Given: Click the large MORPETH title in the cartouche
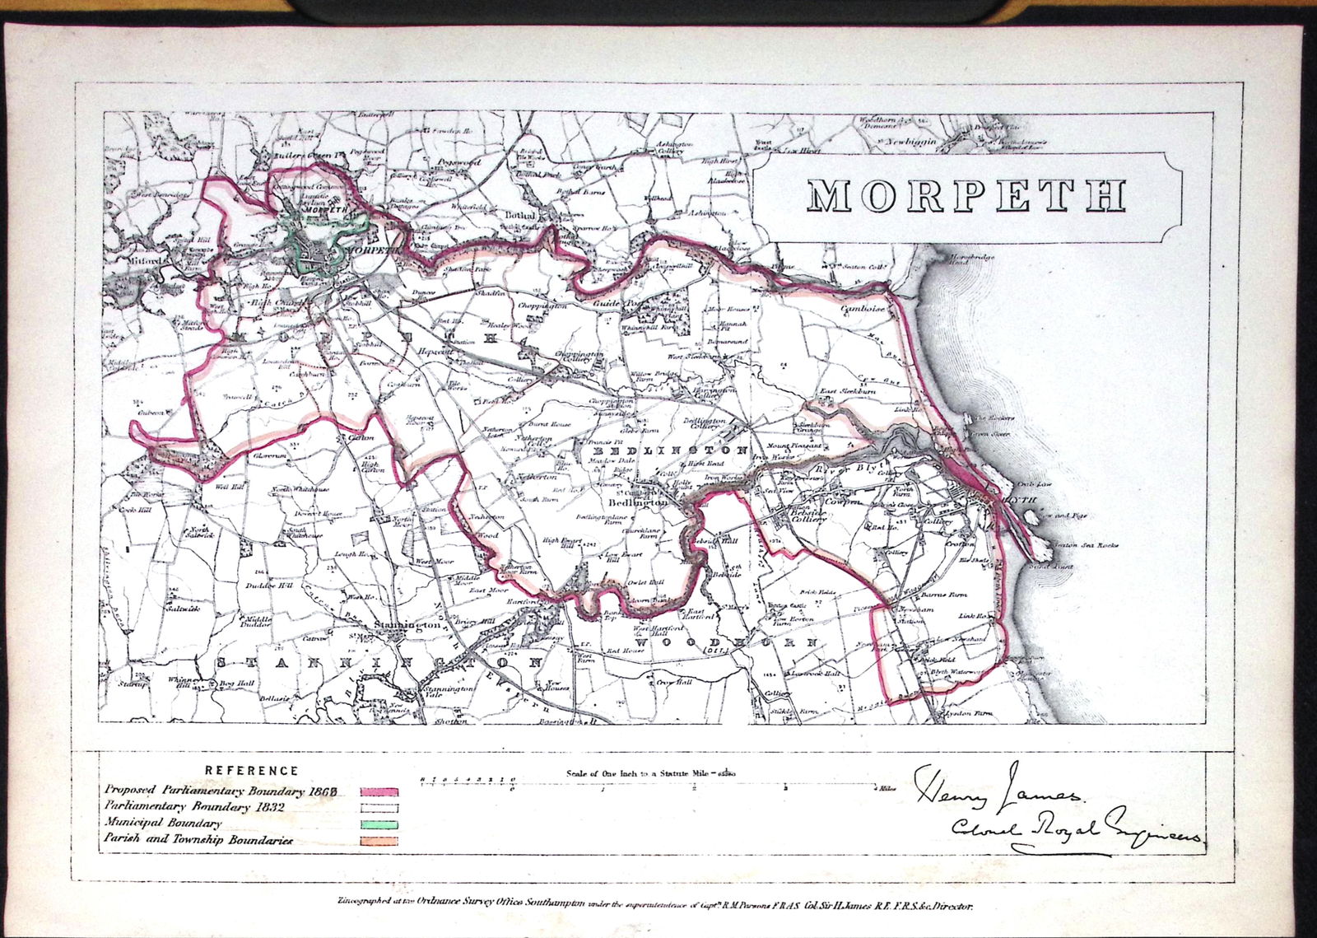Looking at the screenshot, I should coord(966,195).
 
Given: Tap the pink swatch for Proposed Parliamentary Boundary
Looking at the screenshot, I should coord(379,791).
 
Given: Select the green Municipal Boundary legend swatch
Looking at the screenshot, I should coord(379,824).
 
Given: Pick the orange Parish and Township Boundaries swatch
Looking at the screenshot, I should coord(379,841).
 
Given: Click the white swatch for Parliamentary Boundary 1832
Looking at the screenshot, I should coord(379,808).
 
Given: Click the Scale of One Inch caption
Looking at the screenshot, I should coord(650,773).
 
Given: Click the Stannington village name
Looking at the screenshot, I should coord(406,626).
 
